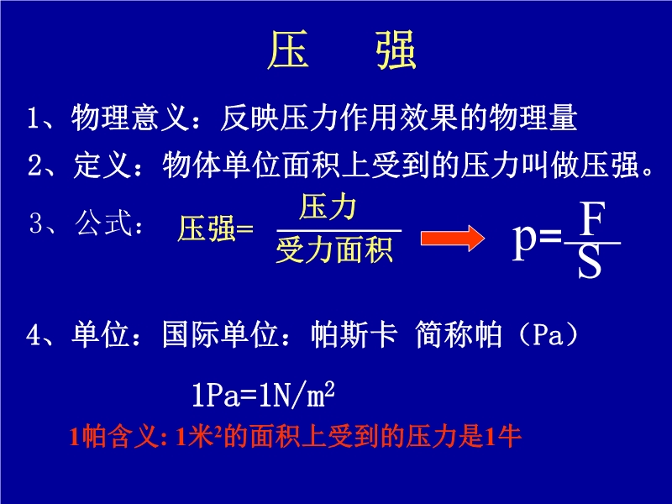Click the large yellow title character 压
(288, 50)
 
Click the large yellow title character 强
(396, 50)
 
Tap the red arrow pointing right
(453, 238)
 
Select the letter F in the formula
(592, 218)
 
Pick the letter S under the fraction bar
(590, 262)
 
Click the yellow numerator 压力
(328, 207)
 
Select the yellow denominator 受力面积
(334, 249)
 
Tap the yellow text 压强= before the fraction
(216, 228)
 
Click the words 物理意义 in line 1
(130, 117)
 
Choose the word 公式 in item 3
(103, 223)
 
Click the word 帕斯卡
(354, 333)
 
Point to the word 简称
(444, 333)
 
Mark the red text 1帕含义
(113, 437)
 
